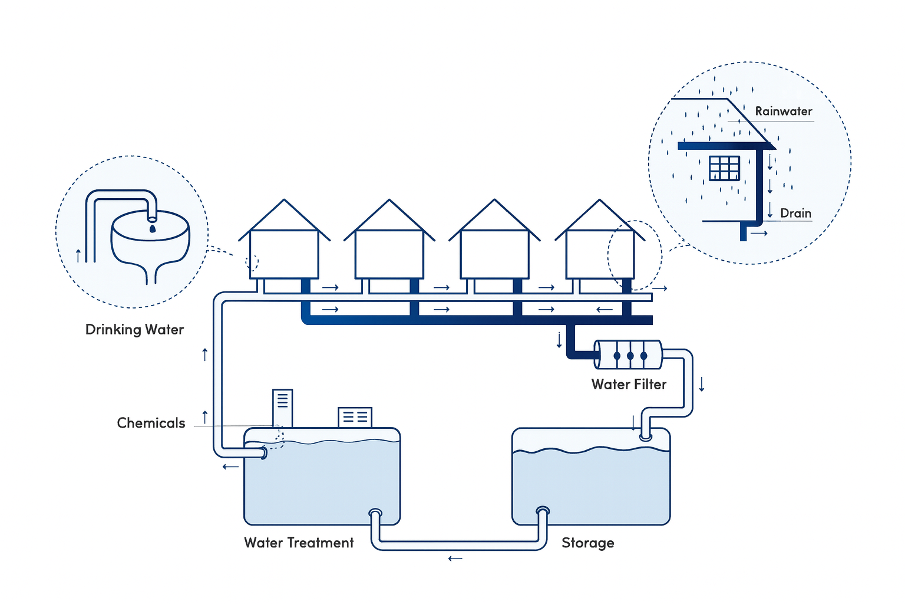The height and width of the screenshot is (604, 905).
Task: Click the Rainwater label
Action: (783, 111)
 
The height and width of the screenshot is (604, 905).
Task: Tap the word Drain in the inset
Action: (795, 214)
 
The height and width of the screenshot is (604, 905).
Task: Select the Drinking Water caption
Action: (134, 330)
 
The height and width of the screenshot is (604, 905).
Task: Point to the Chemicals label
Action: (151, 423)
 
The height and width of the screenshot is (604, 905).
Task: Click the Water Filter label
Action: (629, 385)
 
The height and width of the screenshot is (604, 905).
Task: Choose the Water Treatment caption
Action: (299, 543)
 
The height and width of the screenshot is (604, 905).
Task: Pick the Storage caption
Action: (587, 543)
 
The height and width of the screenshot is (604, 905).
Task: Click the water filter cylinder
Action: (628, 355)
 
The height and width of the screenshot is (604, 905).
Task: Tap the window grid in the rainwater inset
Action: (724, 168)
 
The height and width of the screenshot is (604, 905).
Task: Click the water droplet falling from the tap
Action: (153, 228)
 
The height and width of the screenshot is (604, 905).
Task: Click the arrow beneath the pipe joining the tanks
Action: (455, 559)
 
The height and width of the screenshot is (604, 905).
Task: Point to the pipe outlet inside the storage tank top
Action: (646, 437)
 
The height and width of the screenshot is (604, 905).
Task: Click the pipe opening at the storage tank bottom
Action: (543, 511)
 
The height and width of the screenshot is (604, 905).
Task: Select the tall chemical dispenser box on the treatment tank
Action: (282, 408)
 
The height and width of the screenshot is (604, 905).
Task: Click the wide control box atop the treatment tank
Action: (355, 417)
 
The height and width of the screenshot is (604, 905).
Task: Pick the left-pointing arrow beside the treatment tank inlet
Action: (230, 467)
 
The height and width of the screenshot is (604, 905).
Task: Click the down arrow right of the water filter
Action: (702, 385)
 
